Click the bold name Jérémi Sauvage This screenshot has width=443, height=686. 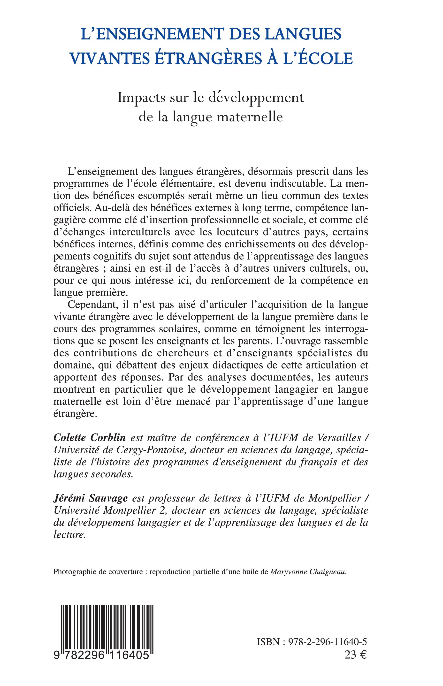[x=90, y=498]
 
